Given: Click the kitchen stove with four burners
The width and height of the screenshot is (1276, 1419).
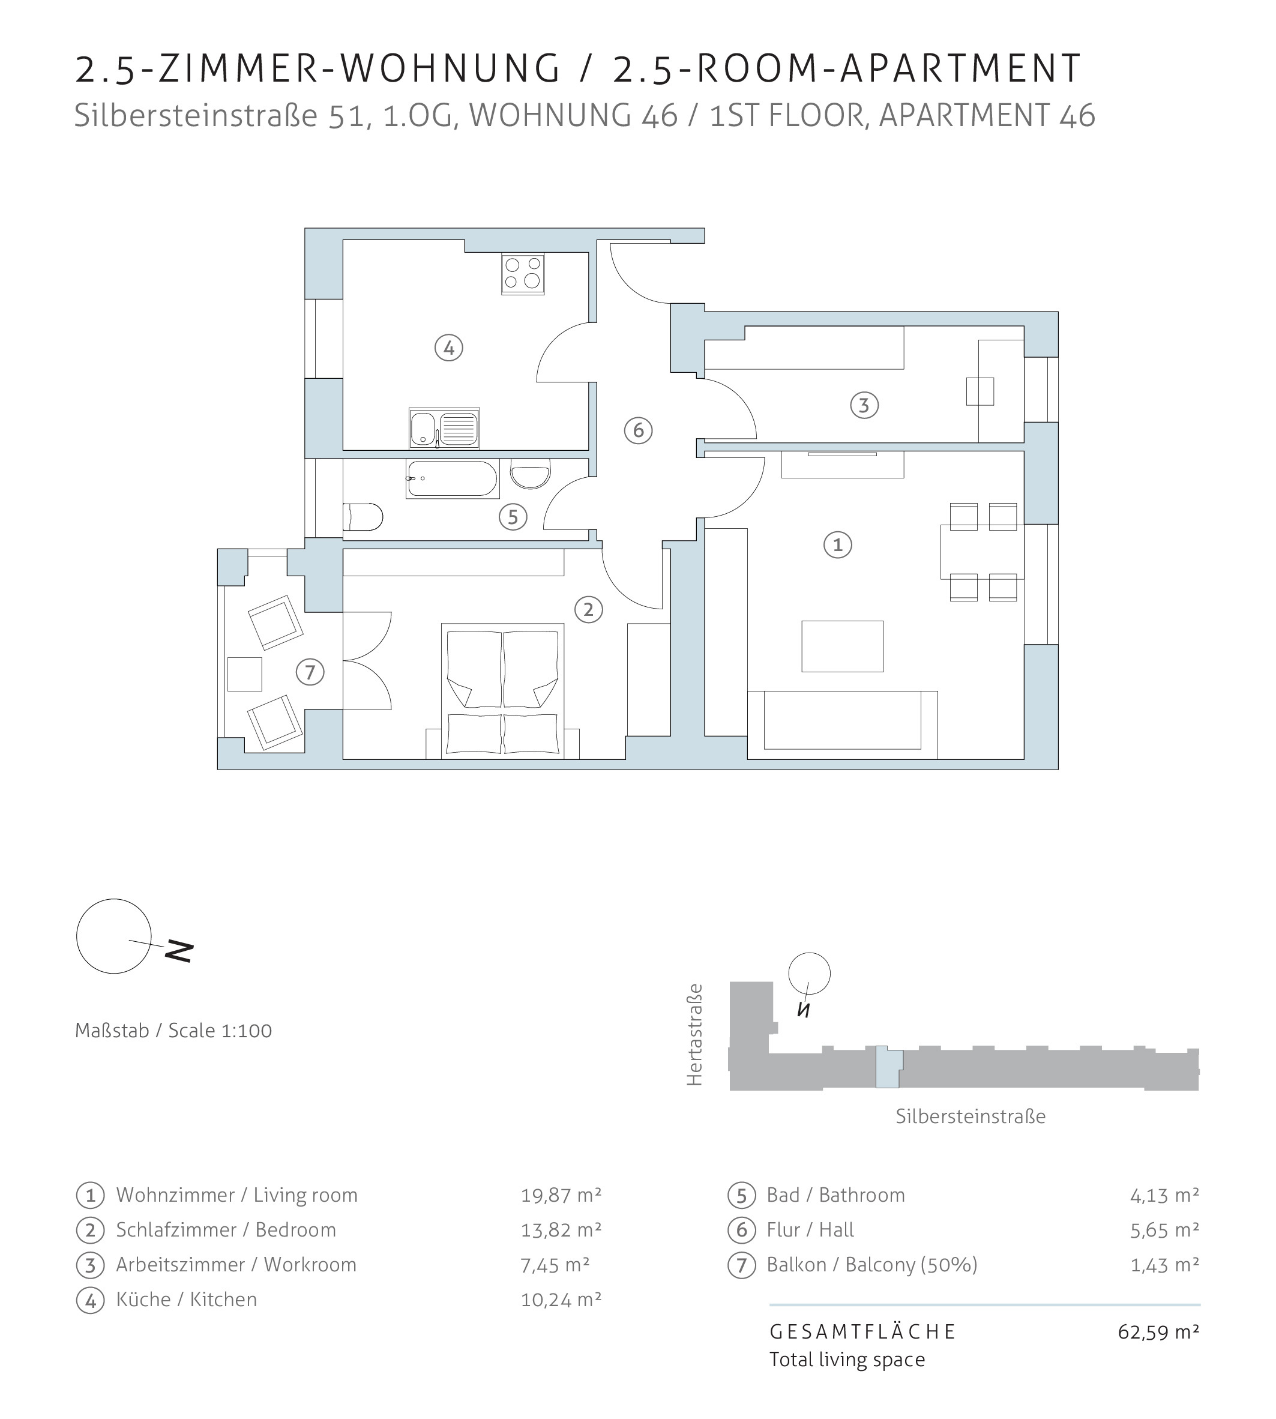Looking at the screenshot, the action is tap(523, 274).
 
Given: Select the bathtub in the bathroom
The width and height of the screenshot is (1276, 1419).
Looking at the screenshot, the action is tap(452, 479).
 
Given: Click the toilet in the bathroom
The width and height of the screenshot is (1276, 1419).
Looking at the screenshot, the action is tap(363, 517).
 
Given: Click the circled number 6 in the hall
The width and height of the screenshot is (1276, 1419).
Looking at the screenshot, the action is tap(638, 430).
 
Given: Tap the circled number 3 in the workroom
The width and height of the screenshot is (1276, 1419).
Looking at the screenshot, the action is tap(864, 405).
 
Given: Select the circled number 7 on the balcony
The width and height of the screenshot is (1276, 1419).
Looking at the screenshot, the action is tap(310, 672).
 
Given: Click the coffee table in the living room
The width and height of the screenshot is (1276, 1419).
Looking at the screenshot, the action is tap(843, 646).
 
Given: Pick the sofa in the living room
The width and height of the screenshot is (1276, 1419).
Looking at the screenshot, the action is tap(843, 725).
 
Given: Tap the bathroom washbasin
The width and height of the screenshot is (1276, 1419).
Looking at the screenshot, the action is tap(531, 474).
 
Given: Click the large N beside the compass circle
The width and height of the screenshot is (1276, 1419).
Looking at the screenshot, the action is tap(179, 951).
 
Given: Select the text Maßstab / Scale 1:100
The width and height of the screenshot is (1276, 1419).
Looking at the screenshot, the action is tap(173, 1031).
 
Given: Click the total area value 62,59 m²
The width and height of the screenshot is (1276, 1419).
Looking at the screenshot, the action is tap(1158, 1331).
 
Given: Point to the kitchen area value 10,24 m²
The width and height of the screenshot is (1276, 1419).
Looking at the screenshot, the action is tap(561, 1299).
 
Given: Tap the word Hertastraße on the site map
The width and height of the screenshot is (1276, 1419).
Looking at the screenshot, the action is tap(694, 1035).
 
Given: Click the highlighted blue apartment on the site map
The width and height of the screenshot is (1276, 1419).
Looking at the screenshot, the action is tap(888, 1067).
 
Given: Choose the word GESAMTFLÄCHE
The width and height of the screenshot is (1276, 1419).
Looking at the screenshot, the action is tap(862, 1331).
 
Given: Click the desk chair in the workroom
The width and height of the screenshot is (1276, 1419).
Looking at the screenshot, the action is tap(980, 391).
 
